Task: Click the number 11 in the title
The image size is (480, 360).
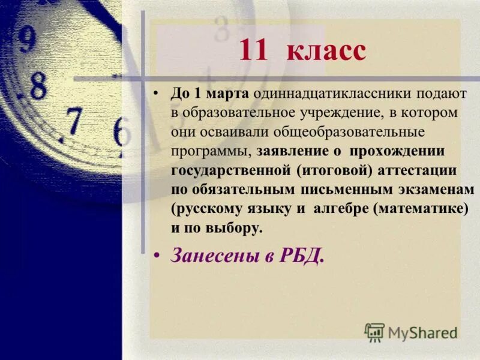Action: click(255, 50)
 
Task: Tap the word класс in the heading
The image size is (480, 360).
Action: click(326, 50)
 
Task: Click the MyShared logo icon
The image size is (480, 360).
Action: click(374, 332)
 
